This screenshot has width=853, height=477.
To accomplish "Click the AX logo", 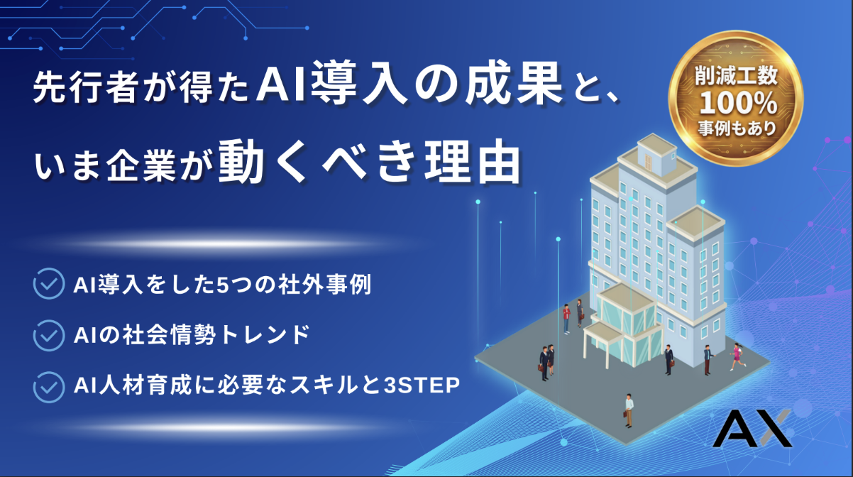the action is click(752, 429).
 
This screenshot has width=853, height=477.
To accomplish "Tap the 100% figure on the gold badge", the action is click(738, 103).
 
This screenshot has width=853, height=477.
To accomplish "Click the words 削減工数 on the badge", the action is click(737, 75).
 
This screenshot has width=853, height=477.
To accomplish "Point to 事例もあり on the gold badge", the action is click(737, 128).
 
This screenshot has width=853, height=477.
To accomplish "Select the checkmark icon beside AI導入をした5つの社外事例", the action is click(49, 283).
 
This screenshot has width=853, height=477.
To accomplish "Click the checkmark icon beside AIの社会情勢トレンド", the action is click(49, 335).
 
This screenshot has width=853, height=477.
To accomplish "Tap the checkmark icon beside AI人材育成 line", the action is click(49, 387).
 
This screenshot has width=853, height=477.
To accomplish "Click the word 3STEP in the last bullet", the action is click(422, 385).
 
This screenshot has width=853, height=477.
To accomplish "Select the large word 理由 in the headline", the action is click(472, 163).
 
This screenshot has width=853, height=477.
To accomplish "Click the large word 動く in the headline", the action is click(263, 163).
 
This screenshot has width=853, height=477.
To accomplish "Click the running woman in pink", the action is click(738, 356).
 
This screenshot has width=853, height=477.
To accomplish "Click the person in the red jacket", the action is click(566, 319).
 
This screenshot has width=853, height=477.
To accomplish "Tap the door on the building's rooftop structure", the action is click(649, 162).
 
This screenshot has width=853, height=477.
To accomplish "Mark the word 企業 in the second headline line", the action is click(141, 167).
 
